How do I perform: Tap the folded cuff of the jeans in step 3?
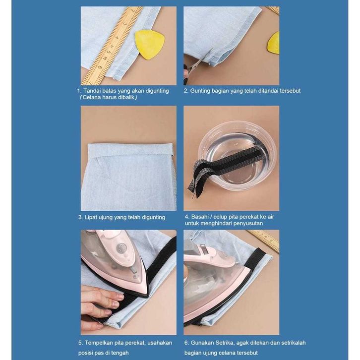(130, 149)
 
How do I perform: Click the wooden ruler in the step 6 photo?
(264, 240)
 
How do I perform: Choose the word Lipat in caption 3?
(91, 217)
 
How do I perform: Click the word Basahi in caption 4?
(200, 217)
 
